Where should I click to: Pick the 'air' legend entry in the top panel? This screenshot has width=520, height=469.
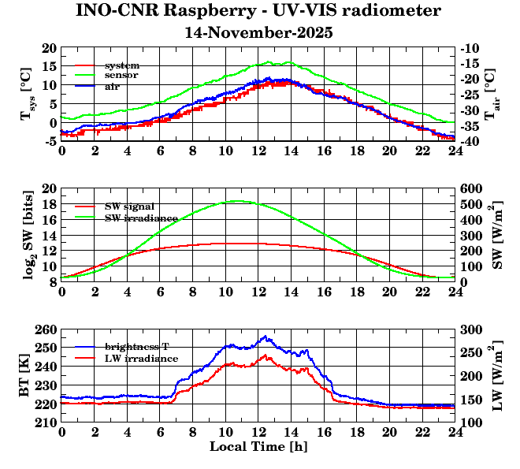113,86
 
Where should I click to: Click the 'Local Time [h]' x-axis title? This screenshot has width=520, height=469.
258,447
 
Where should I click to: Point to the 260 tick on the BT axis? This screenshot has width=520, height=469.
47,329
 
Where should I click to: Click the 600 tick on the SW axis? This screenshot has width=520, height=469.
471,189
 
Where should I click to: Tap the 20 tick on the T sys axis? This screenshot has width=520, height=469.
50,48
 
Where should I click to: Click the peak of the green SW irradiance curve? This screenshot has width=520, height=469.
239,201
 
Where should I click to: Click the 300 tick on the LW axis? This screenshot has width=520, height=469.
471,329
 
